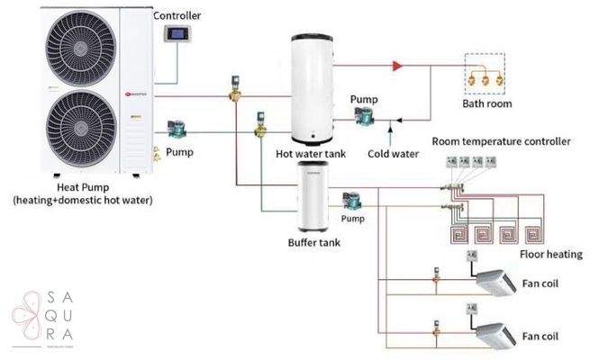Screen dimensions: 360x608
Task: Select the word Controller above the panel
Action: (177, 15)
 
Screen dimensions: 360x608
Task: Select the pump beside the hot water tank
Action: (366, 114)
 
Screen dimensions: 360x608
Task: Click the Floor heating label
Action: (551, 254)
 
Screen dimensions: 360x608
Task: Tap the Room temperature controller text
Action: (501, 141)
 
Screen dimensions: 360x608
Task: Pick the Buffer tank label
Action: (314, 242)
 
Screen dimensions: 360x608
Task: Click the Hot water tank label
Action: (310, 153)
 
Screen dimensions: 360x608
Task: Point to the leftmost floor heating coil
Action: (461, 234)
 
